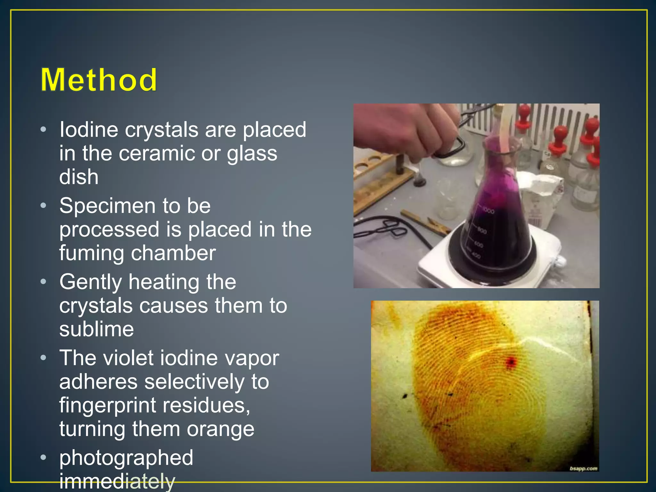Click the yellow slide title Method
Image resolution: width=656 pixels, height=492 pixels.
99,80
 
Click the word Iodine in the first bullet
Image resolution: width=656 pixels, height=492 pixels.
89,130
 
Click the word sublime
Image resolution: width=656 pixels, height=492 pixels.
96,329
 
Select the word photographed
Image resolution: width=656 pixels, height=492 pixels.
126,457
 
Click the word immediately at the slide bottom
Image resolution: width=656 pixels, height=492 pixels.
117,481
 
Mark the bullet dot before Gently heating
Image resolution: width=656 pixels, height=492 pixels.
44,282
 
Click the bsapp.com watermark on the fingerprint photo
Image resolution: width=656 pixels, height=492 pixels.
583,469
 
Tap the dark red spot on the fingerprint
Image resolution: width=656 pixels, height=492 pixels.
511,362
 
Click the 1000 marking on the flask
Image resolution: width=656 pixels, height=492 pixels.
488,211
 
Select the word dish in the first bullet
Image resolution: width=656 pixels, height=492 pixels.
79,177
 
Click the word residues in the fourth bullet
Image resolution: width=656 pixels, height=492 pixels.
206,406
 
